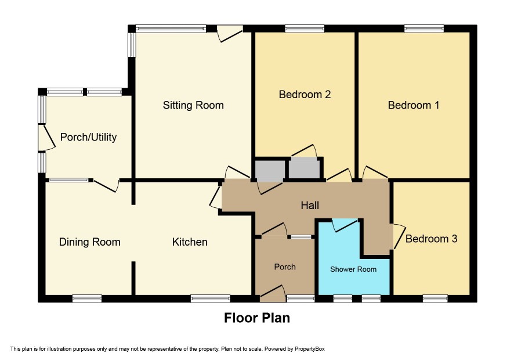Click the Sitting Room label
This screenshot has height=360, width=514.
pos(193,105)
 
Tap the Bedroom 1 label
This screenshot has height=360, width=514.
pos(414,105)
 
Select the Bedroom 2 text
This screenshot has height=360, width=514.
pos(305,95)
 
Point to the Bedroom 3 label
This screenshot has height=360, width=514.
pos(431,239)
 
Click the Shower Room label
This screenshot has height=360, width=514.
pos(353,269)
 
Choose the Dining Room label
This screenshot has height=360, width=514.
pos(89,242)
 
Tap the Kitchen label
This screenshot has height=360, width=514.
pos(190,242)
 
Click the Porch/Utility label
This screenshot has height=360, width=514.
pos(88,137)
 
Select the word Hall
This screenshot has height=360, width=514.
pos(310,206)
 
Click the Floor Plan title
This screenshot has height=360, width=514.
pos(257,318)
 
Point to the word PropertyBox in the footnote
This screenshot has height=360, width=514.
pos(309,349)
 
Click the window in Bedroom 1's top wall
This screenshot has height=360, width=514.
pos(424,29)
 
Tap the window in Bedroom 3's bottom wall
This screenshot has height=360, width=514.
pos(435,298)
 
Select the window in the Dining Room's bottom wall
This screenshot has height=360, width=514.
pos(87,298)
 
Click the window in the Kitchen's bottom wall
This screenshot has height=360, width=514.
pos(210,298)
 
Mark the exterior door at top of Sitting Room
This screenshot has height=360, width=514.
pos(230,34)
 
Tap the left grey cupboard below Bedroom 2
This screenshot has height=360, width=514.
pos(270,170)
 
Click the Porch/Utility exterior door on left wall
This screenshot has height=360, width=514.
pos(47,138)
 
